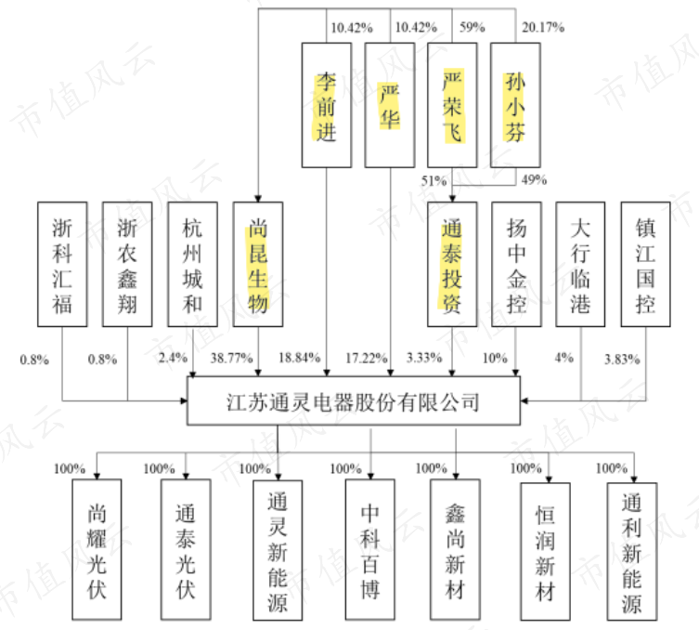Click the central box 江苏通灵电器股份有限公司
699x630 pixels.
click(x=354, y=402)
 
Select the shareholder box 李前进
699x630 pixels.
click(x=326, y=105)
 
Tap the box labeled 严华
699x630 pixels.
click(x=389, y=105)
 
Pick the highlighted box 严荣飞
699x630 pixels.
click(x=452, y=105)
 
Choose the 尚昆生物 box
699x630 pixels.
click(x=258, y=264)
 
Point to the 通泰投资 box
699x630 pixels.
click(x=452, y=264)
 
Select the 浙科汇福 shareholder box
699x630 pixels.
click(x=62, y=264)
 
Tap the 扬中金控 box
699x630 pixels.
click(x=517, y=264)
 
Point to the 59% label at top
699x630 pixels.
click(x=472, y=27)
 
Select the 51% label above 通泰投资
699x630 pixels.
click(x=434, y=180)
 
